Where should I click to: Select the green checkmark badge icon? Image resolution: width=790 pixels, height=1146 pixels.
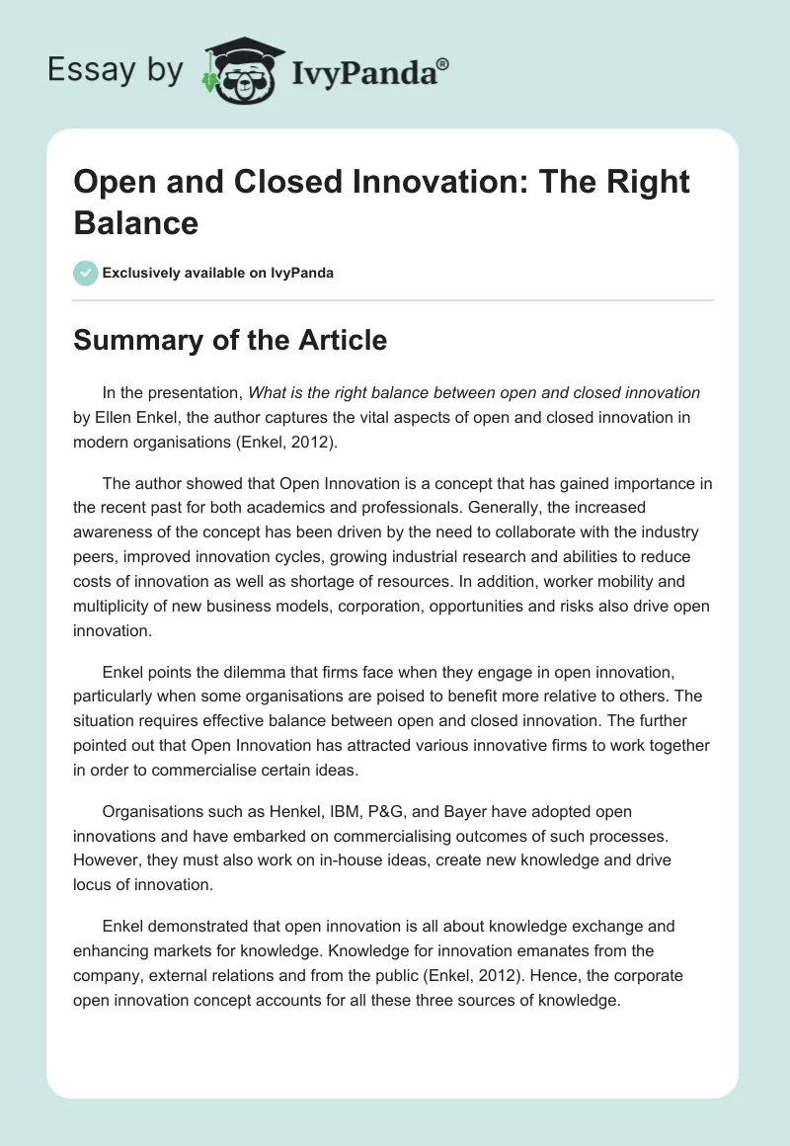coord(85,273)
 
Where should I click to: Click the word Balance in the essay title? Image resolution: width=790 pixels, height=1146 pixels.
coord(136,222)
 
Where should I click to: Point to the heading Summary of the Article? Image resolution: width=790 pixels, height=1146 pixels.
coord(230,340)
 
